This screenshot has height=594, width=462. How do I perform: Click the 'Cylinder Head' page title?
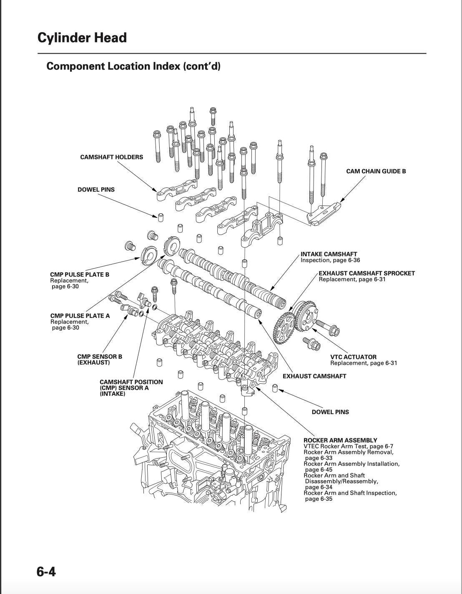coord(82,38)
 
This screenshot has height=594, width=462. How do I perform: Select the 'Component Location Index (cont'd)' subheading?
coord(133,66)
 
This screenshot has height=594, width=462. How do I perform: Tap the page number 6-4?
coord(46,572)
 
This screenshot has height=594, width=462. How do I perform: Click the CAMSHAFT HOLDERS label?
coord(111,157)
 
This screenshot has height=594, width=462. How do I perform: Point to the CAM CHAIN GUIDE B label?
coord(376,171)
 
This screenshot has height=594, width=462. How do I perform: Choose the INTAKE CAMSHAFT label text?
coord(329,254)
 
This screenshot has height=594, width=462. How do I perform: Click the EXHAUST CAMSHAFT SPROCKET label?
coord(367,273)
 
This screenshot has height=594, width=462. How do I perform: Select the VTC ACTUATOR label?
coord(353,357)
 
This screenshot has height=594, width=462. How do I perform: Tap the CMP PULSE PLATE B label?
coord(79,275)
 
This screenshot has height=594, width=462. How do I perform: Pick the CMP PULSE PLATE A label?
coord(80,316)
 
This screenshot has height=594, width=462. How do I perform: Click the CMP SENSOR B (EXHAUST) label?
coord(100,359)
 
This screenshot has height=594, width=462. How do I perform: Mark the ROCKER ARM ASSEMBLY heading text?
coord(340,440)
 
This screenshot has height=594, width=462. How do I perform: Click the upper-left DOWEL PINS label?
coord(96,190)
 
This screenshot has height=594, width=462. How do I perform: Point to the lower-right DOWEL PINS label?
coord(330,412)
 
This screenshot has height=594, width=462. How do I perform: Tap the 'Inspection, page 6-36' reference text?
coord(330,260)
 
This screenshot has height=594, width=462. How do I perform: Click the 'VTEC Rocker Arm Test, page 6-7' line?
coord(348,446)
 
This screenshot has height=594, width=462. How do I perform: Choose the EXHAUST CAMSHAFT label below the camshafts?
coord(314,376)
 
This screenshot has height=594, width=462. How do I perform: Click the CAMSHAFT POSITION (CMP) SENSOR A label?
coord(131,388)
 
